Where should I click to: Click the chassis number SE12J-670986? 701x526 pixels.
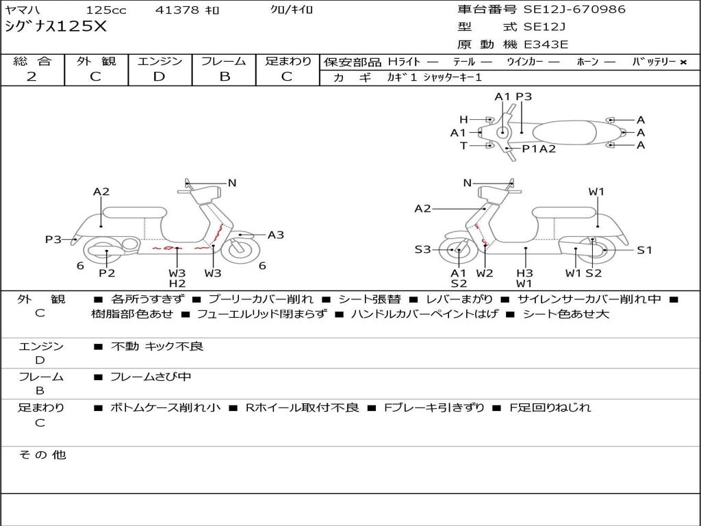click(x=574, y=10)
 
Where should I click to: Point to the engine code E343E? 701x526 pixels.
click(x=546, y=45)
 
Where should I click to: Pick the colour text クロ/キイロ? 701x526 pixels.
click(x=292, y=10)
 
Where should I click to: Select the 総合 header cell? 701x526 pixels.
click(x=31, y=61)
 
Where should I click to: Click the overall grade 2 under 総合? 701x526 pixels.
click(x=31, y=77)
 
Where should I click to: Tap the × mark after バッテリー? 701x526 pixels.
click(x=683, y=62)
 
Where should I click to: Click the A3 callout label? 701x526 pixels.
click(x=275, y=235)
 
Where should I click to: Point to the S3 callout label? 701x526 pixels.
click(x=422, y=249)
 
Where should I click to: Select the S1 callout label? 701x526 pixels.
click(x=644, y=250)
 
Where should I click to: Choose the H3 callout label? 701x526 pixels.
click(x=524, y=273)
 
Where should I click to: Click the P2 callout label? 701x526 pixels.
click(x=107, y=273)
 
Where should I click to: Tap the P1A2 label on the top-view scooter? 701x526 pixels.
click(x=539, y=149)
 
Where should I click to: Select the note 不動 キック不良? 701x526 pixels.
click(x=157, y=347)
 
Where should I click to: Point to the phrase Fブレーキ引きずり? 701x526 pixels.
click(x=434, y=408)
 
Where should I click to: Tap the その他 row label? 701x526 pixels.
click(x=42, y=455)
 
